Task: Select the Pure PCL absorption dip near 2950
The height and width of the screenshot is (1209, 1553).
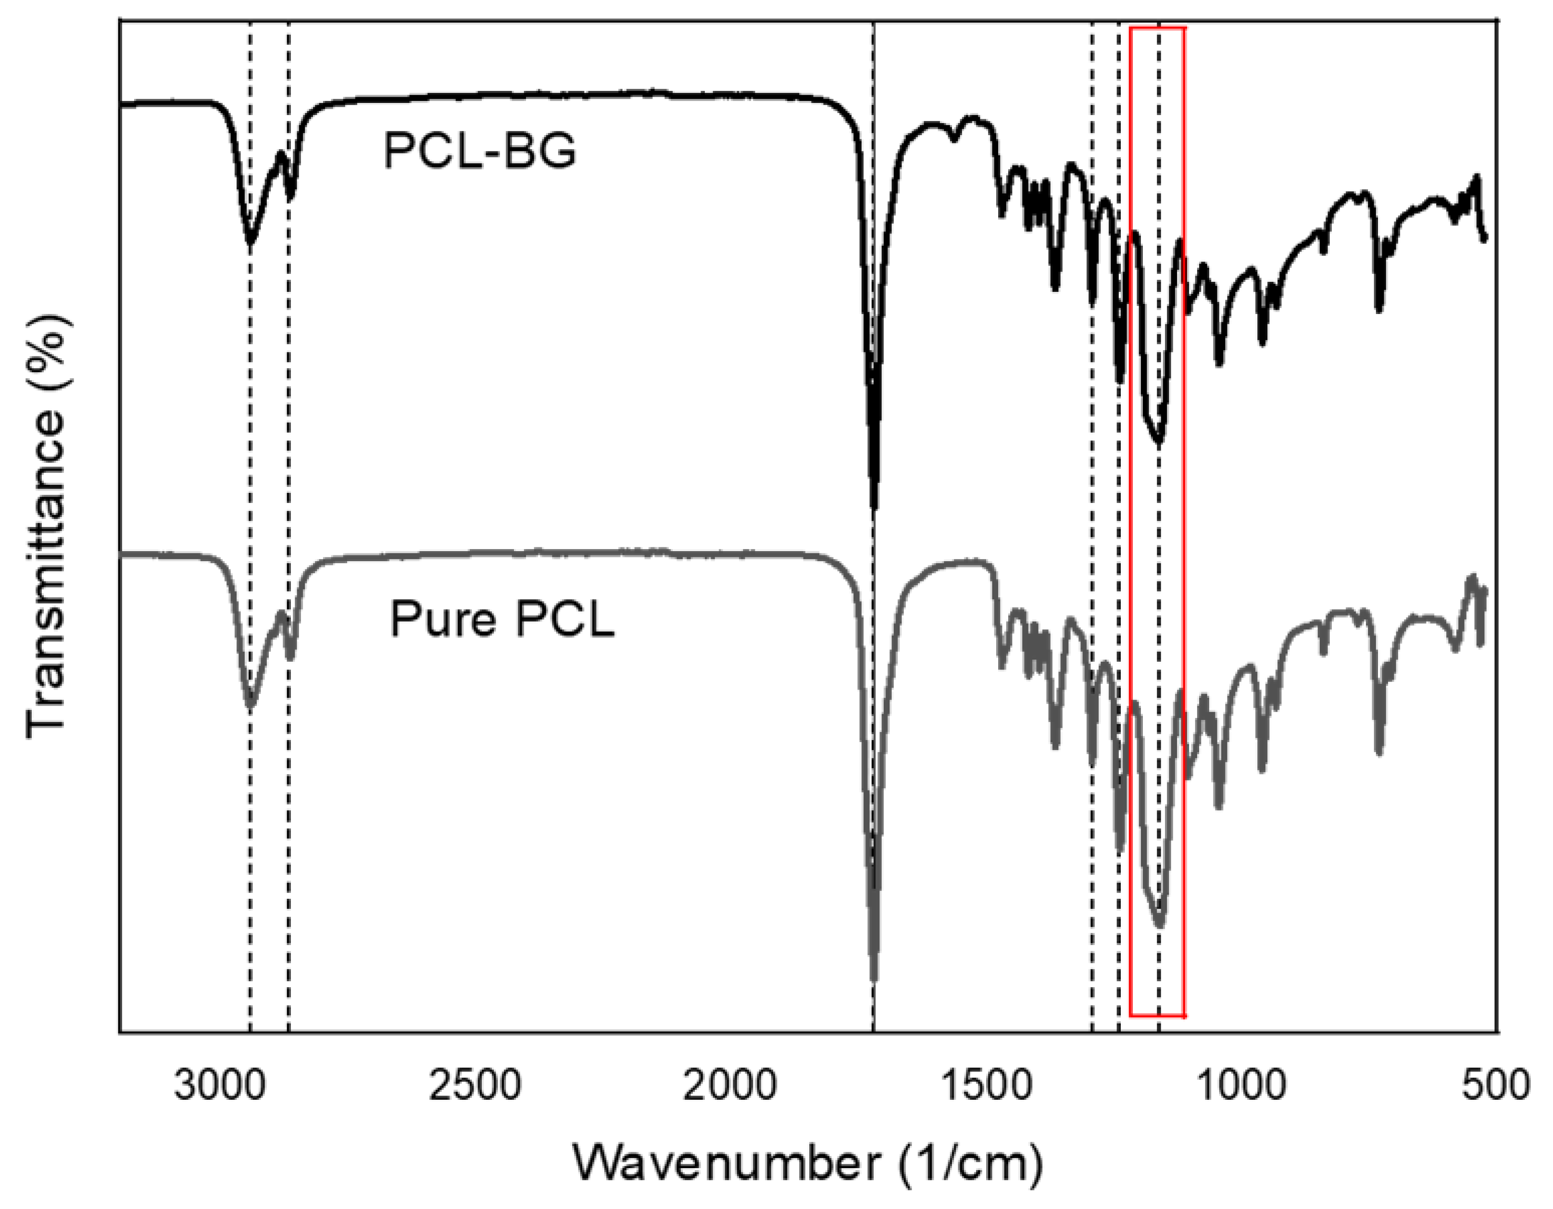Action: point(250,706)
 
